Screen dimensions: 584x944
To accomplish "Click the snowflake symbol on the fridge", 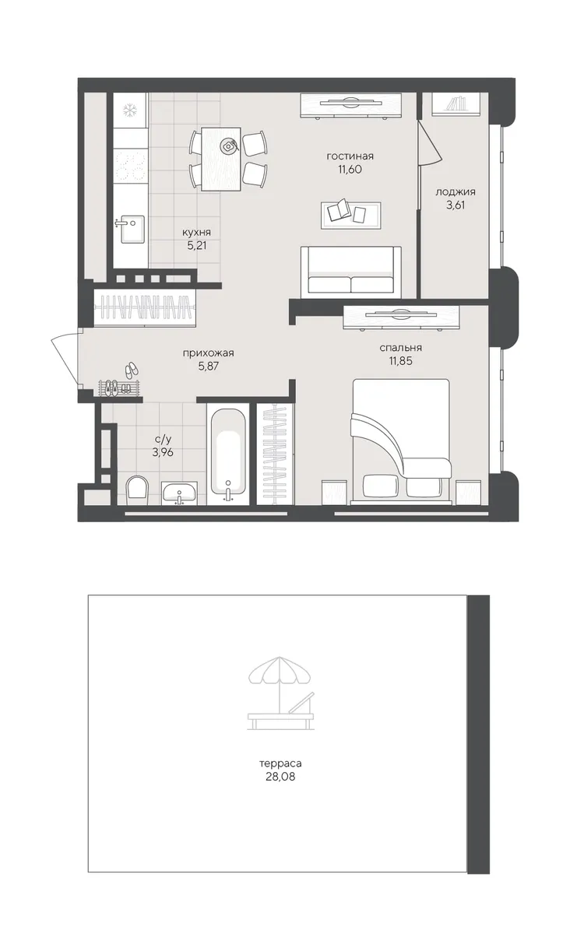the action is pos(130,111).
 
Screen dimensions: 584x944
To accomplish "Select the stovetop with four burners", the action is pos(130,167).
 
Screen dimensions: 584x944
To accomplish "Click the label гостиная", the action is pos(350,156).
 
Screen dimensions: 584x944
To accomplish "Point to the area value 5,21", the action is pos(197,245).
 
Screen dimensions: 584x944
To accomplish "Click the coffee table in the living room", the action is pos(351,216).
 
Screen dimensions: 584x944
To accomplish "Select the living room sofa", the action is pos(351,271).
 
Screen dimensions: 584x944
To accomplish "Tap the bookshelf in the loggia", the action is pos(456,104).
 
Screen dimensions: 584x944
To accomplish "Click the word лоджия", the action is pos(456,192).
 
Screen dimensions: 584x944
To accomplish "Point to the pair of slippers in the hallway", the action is pos(131,370).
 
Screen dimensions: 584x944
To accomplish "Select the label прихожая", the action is pos(209,353).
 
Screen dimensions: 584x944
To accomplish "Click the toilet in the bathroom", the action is pos(138,490).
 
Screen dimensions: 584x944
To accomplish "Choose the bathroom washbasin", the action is pos(179,493).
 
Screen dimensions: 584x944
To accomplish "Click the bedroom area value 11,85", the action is pos(400,361).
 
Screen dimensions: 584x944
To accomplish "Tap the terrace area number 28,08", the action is pos(280,776).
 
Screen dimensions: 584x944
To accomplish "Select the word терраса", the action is pos(280,763).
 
